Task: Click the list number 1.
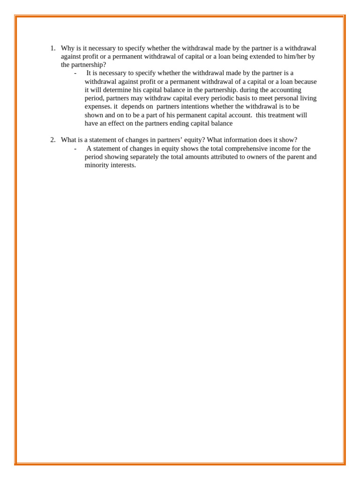coord(52,48)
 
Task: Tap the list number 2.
coord(52,140)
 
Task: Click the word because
coord(305,82)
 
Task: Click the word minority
coord(97,165)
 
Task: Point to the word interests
coord(123,165)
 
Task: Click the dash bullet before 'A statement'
coord(75,149)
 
